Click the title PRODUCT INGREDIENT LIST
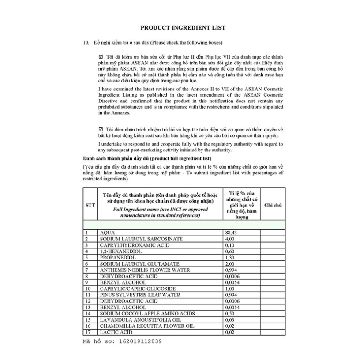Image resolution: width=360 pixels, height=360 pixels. [183, 28]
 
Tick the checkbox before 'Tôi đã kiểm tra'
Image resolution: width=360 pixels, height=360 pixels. [101, 57]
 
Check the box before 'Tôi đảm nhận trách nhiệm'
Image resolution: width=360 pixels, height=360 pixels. [101, 129]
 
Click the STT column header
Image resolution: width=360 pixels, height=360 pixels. [90, 205]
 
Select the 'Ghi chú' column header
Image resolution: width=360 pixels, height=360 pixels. [273, 205]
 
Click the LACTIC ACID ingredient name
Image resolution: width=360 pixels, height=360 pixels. [116, 332]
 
